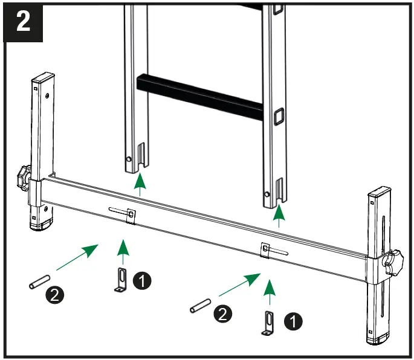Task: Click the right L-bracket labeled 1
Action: coord(268,323)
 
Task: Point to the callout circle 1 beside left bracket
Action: coord(142,280)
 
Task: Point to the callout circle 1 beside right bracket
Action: coord(293,322)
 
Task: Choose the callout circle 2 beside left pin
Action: coord(54,295)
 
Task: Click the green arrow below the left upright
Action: coord(140,184)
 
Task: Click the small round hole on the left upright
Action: coord(128,159)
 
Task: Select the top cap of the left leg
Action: coord(42,79)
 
